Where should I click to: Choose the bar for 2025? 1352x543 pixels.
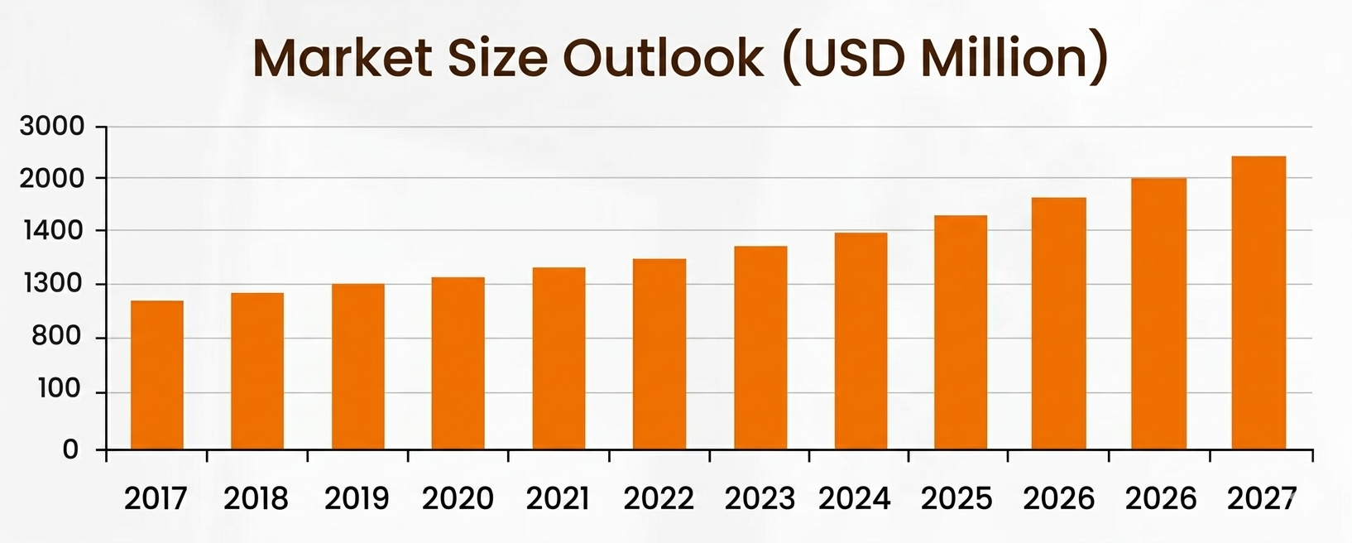[961, 333]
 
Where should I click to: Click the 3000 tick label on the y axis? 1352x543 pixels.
[52, 127]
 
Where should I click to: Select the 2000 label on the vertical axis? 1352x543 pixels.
[52, 179]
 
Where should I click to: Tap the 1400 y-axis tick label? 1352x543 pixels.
[52, 230]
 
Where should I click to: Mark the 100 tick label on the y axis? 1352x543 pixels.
[60, 389]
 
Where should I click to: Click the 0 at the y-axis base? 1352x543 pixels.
[71, 449]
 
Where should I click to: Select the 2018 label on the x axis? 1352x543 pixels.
[256, 498]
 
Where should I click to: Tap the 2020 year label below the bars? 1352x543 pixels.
[458, 498]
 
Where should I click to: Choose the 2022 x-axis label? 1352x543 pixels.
[659, 498]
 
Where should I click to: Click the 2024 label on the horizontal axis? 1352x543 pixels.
[855, 498]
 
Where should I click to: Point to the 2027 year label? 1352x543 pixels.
[1262, 498]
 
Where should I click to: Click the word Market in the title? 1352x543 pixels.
[343, 58]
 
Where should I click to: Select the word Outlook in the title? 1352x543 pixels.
[664, 58]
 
